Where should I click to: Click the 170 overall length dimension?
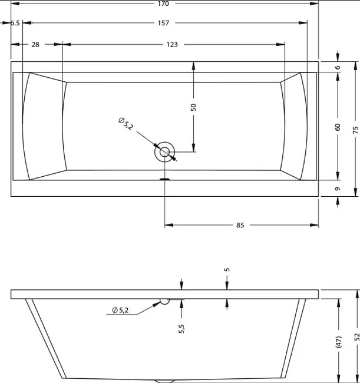click(163, 4)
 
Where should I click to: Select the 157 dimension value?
click(163, 23)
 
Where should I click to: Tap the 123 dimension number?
click(172, 44)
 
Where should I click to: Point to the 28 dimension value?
click(35, 44)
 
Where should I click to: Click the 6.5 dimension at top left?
click(15, 23)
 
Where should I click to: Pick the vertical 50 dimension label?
click(193, 107)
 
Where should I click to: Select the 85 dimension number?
click(240, 225)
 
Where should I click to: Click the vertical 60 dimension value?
click(338, 127)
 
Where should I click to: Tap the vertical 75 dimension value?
click(356, 130)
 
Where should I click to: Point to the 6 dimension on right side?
click(338, 67)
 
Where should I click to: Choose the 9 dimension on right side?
click(338, 189)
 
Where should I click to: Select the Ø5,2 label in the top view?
click(125, 124)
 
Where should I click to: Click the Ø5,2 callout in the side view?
click(120, 310)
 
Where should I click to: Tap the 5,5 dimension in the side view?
click(181, 329)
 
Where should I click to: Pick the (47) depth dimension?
click(339, 342)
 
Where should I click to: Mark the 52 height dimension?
click(357, 337)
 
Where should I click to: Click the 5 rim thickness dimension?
click(227, 270)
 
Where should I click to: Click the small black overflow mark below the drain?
click(164, 179)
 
